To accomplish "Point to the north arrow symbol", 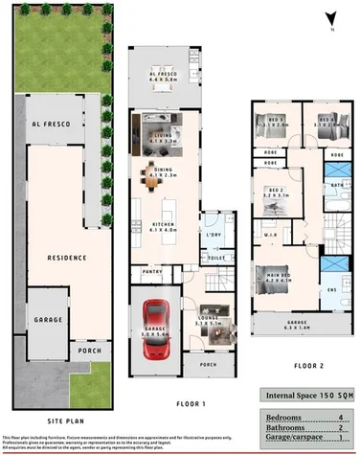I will click(329, 17).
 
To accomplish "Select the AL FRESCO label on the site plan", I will click(48, 124).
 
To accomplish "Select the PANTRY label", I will click(151, 271).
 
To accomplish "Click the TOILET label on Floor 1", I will click(216, 258).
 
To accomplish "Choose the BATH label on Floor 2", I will click(337, 184).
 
